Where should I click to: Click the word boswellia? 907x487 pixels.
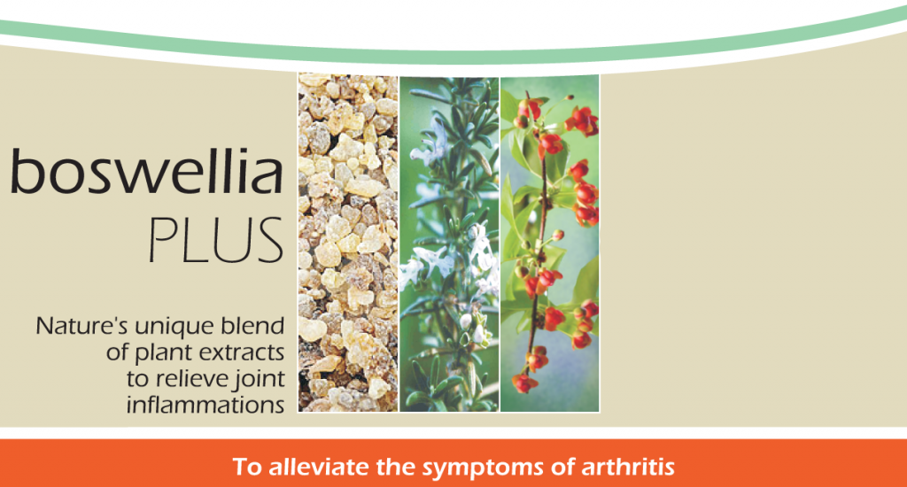147,171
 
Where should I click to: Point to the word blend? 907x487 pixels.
253,326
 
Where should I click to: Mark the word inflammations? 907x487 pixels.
205,406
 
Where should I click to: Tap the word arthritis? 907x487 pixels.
628,467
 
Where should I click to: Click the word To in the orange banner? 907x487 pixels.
247,467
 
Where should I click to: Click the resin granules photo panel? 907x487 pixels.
348,243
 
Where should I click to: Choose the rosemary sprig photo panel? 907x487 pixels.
449,243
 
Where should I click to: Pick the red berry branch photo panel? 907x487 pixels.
549,243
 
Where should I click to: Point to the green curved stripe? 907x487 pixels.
453,56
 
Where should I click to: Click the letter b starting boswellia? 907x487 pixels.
27,171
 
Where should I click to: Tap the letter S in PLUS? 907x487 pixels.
269,240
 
